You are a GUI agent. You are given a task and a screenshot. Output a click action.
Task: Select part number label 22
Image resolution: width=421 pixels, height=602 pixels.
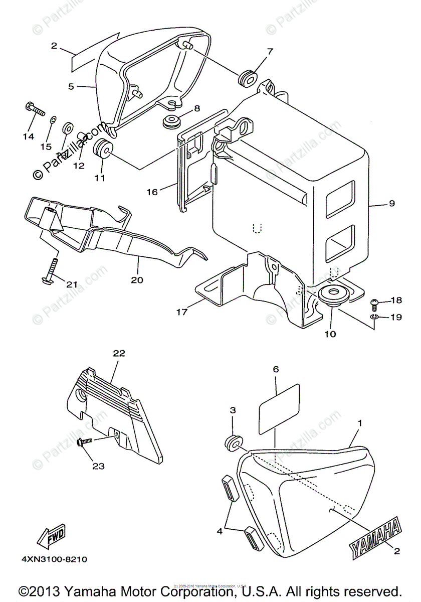tap(118, 353)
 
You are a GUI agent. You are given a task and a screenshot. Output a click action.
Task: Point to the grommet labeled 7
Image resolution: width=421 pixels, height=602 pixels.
tap(247, 77)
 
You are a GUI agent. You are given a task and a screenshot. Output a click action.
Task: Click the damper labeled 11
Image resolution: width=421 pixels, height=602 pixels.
tap(103, 148)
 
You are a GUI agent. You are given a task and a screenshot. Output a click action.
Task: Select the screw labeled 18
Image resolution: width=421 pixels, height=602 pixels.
tap(374, 303)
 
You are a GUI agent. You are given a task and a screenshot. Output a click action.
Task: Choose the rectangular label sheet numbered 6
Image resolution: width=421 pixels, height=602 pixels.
tap(279, 408)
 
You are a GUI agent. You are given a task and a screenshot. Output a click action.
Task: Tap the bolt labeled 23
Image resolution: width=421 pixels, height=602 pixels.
tap(84, 442)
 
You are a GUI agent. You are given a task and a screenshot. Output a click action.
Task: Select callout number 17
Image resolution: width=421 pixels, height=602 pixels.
tap(181, 313)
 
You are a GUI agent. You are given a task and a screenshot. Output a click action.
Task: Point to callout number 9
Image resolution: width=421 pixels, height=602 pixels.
tap(391, 203)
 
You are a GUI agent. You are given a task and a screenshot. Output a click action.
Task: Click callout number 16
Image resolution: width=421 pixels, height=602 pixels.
tap(152, 192)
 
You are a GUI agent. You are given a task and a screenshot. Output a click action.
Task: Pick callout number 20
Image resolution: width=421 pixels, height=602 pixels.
tap(137, 279)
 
